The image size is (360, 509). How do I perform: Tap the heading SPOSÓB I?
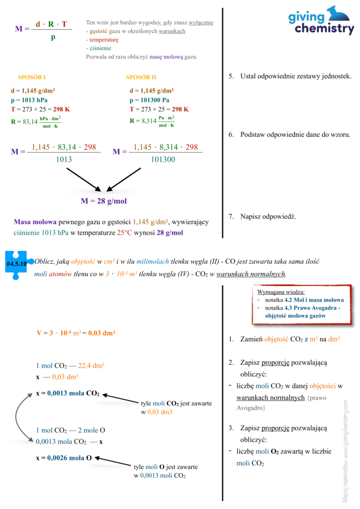tap(32, 78)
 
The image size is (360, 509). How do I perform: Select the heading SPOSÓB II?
tap(141, 78)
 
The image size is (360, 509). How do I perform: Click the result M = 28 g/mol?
tap(103, 201)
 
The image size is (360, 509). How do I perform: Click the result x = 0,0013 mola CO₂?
tap(68, 394)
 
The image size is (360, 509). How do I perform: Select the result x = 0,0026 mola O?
tap(64, 458)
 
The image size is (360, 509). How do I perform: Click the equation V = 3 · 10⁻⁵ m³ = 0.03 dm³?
tap(76, 333)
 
